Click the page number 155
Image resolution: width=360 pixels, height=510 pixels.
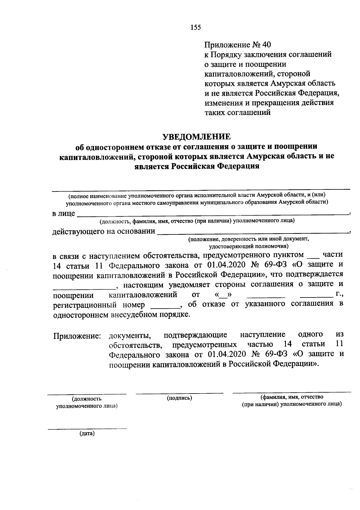(195, 27)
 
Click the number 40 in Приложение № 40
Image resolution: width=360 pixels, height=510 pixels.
(266, 45)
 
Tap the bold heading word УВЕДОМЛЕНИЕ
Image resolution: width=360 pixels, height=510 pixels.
(196, 137)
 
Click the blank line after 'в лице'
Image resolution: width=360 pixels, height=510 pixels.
(211, 214)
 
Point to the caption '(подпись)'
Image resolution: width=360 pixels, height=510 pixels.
(179, 398)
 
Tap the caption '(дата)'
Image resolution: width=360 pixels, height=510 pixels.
(87, 433)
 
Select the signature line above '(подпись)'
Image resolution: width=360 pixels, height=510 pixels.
(179, 393)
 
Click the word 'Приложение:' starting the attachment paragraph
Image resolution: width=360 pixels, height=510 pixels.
(77, 336)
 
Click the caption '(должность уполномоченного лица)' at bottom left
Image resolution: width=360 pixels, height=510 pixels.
(86, 402)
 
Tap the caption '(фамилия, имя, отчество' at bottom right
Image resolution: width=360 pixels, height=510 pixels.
(292, 397)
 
